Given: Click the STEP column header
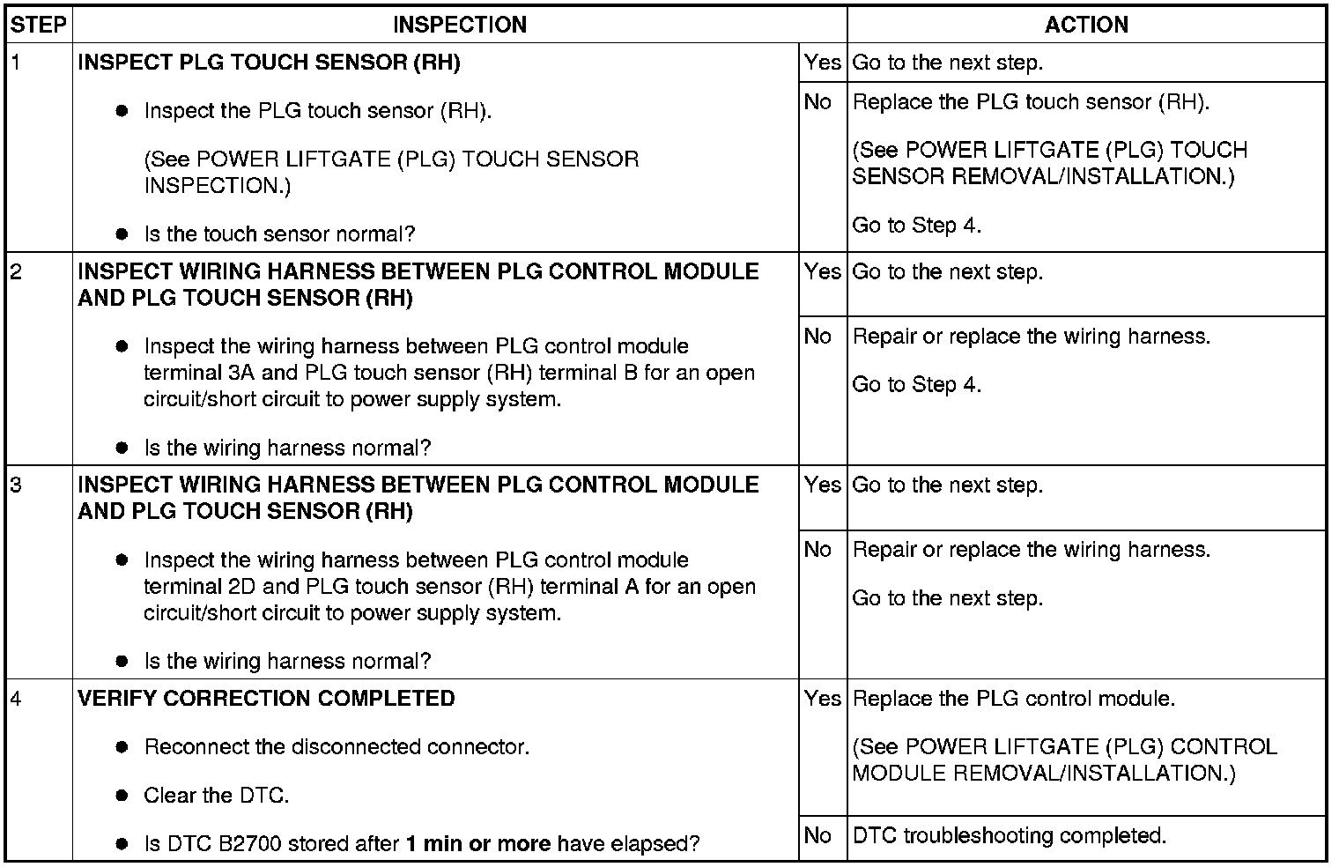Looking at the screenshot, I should point(39,25).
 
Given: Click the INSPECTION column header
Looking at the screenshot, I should point(459,25).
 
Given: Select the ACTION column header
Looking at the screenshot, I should point(1085,25).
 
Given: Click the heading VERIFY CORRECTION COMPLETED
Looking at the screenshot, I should point(266,699).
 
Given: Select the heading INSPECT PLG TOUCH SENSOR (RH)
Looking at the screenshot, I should point(269,63).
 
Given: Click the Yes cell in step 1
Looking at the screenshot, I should point(822,63).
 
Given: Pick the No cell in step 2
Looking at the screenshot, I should point(818,337).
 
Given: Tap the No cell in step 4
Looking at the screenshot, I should point(818,835).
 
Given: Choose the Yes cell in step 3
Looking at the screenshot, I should point(822,485).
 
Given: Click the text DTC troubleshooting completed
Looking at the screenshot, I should point(1010,835).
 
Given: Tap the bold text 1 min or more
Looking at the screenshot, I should point(477,844).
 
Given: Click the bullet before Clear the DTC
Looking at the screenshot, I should point(122,796).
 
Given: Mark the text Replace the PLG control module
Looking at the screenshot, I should point(1014,699).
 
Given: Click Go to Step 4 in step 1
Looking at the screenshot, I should point(916,226).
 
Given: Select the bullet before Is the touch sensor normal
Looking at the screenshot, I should point(122,234).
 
